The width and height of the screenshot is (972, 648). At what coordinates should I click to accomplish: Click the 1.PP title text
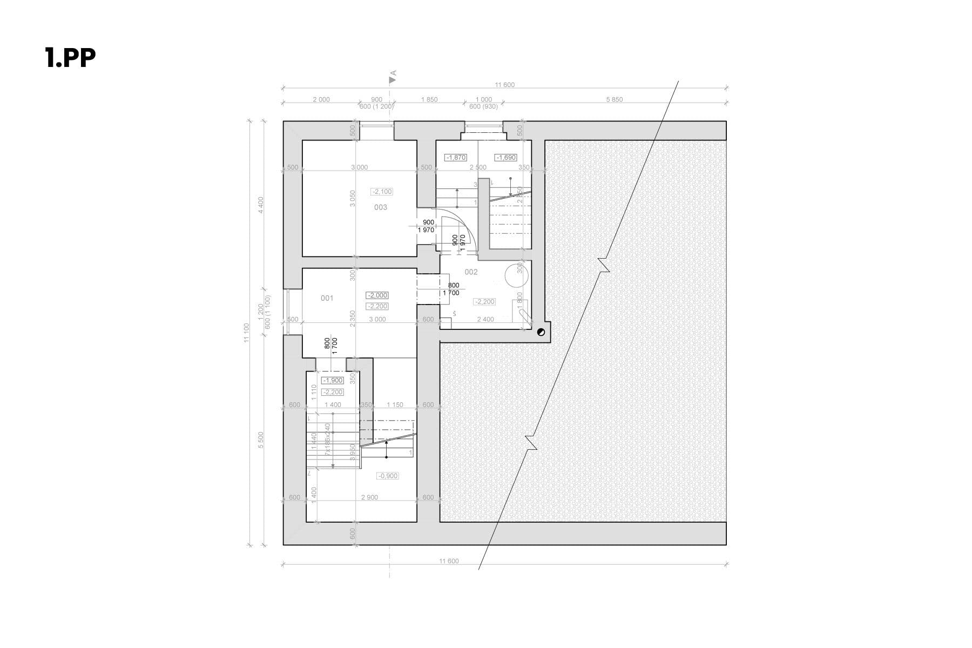tap(70, 58)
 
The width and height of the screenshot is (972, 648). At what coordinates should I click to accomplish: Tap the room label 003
tap(381, 207)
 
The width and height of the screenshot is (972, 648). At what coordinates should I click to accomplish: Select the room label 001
tap(327, 298)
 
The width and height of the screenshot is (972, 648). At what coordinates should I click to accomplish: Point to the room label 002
tap(471, 272)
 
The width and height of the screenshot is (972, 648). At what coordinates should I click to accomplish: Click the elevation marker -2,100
tap(382, 192)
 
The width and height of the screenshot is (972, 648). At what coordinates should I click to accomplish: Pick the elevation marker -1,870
tap(455, 158)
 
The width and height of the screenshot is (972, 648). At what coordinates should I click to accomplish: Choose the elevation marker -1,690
tap(506, 158)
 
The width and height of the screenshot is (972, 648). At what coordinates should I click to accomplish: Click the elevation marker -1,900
tap(332, 381)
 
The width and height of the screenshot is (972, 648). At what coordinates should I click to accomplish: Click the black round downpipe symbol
tap(541, 333)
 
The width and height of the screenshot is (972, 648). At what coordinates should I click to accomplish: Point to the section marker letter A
tap(394, 73)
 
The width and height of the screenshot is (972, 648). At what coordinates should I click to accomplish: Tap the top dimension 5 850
tap(615, 99)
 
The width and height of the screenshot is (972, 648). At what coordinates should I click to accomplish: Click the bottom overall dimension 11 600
tap(449, 561)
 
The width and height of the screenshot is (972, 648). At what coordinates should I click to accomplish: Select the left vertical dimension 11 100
tap(247, 332)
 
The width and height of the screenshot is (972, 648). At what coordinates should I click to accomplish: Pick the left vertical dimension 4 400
tap(261, 205)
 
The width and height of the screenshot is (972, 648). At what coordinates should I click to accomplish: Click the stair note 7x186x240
tap(327, 439)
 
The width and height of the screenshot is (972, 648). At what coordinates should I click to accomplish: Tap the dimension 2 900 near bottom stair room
tap(369, 497)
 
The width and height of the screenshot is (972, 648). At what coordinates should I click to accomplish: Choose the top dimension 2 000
tap(321, 99)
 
